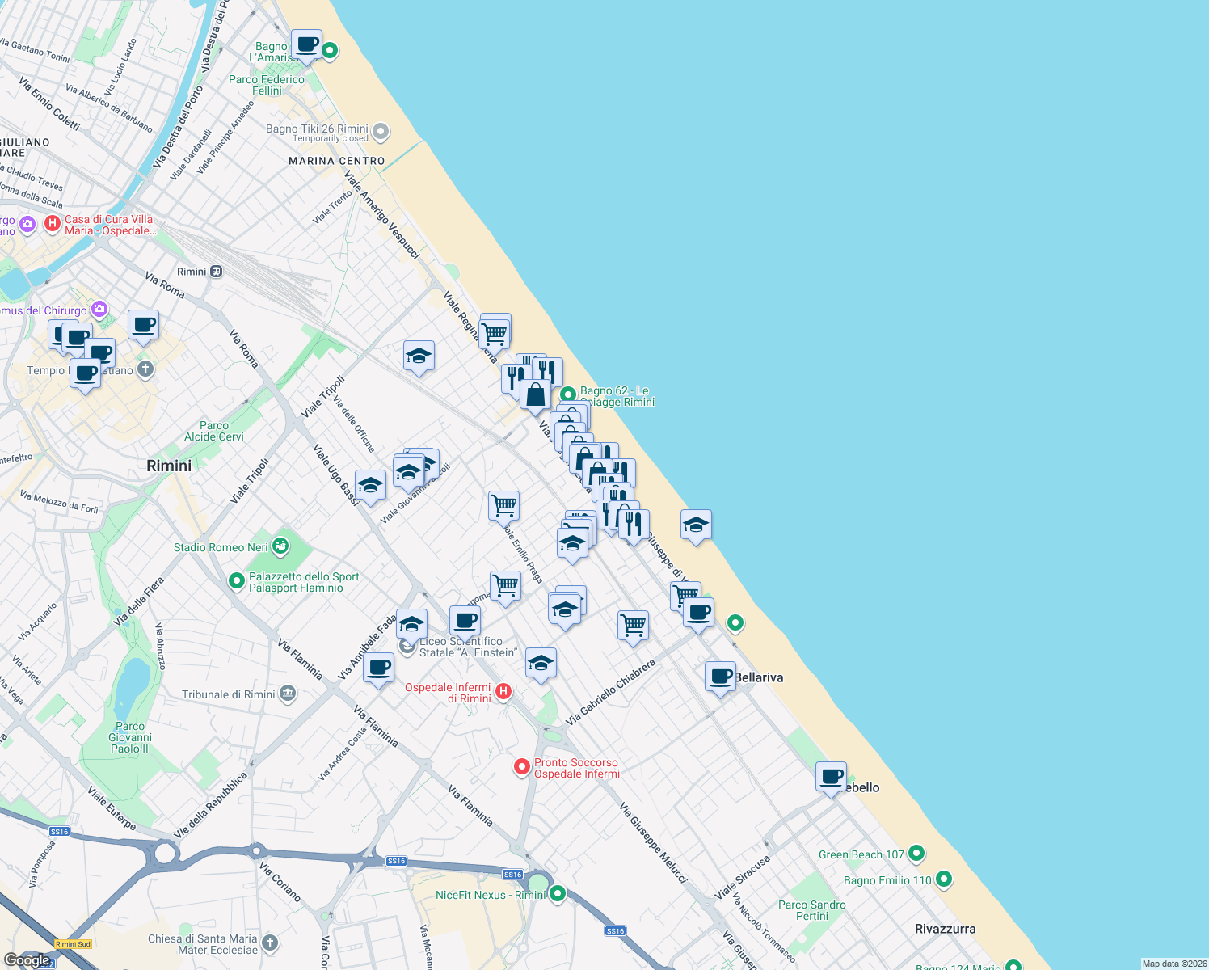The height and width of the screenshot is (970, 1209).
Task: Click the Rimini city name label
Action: (169, 466)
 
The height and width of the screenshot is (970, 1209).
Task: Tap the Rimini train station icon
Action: (216, 272)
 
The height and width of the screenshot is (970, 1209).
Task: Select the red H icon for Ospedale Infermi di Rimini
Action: (503, 690)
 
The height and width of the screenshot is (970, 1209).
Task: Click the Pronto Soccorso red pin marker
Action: (522, 766)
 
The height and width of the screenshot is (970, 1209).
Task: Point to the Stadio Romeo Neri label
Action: (221, 547)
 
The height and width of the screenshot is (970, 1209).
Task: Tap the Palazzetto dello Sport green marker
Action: (237, 580)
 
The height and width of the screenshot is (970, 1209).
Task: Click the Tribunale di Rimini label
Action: (229, 694)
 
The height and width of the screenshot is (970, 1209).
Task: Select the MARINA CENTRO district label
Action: (337, 161)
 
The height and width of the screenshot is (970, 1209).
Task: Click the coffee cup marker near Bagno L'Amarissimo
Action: (306, 44)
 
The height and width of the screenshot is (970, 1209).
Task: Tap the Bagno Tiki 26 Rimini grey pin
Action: (381, 131)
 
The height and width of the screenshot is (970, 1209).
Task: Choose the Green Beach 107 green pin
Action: (916, 853)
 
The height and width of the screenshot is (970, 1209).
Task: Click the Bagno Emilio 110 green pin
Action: (944, 879)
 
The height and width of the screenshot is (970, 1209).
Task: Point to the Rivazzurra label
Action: (945, 929)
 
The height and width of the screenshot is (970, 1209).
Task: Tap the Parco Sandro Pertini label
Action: (812, 910)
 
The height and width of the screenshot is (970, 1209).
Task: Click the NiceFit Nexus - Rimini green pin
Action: (558, 893)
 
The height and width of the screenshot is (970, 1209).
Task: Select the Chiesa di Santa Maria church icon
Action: (270, 943)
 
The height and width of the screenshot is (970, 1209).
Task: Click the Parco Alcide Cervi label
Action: (214, 431)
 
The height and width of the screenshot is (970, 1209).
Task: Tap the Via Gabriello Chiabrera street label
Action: (610, 692)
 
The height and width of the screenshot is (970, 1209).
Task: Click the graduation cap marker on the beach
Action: (696, 525)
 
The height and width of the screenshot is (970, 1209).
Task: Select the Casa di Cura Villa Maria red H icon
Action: (53, 223)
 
